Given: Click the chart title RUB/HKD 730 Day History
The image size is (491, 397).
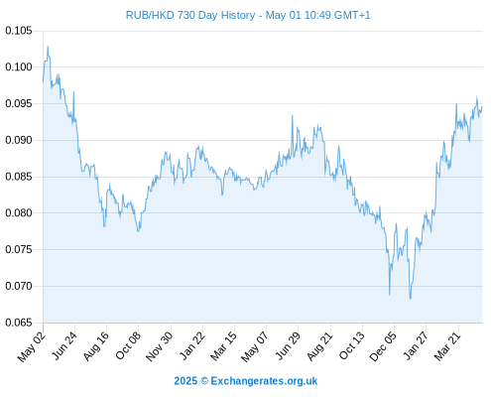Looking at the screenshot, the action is click(x=190, y=15).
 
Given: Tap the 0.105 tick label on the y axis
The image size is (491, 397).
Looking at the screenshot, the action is click(x=19, y=31).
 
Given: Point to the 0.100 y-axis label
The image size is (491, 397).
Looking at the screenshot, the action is click(x=19, y=67).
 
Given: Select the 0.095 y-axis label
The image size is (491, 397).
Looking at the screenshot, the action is click(x=19, y=103).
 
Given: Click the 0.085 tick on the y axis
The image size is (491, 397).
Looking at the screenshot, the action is click(x=19, y=177).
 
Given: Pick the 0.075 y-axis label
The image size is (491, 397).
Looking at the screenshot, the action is click(x=19, y=249).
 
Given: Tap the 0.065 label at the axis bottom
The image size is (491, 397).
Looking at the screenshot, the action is click(x=19, y=323).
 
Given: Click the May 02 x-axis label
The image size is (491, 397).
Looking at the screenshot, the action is click(x=32, y=346).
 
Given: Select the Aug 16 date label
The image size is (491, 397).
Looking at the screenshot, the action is click(x=96, y=345).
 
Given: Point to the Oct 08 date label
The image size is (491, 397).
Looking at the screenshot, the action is click(x=128, y=345).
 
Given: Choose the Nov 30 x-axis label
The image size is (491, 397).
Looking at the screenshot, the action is click(x=160, y=346).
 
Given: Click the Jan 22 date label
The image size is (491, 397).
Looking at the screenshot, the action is click(x=192, y=345).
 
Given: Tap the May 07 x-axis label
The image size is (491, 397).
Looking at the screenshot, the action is click(x=254, y=346).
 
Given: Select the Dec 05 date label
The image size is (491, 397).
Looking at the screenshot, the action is click(x=383, y=346).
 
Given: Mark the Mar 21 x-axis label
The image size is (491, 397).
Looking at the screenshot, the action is click(x=447, y=345).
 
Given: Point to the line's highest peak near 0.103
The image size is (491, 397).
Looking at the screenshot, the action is click(x=48, y=47).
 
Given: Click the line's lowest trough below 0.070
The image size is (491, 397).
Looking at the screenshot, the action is click(x=411, y=299).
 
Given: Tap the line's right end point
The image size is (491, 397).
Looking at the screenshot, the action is click(x=482, y=106).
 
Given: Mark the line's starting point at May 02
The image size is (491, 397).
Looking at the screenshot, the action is click(x=43, y=81).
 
